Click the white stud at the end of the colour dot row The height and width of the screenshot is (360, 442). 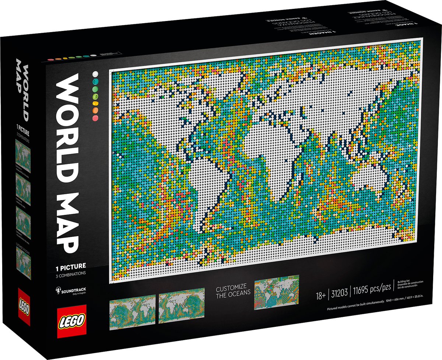click(95, 74)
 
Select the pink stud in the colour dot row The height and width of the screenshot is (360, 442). click(96, 118)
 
